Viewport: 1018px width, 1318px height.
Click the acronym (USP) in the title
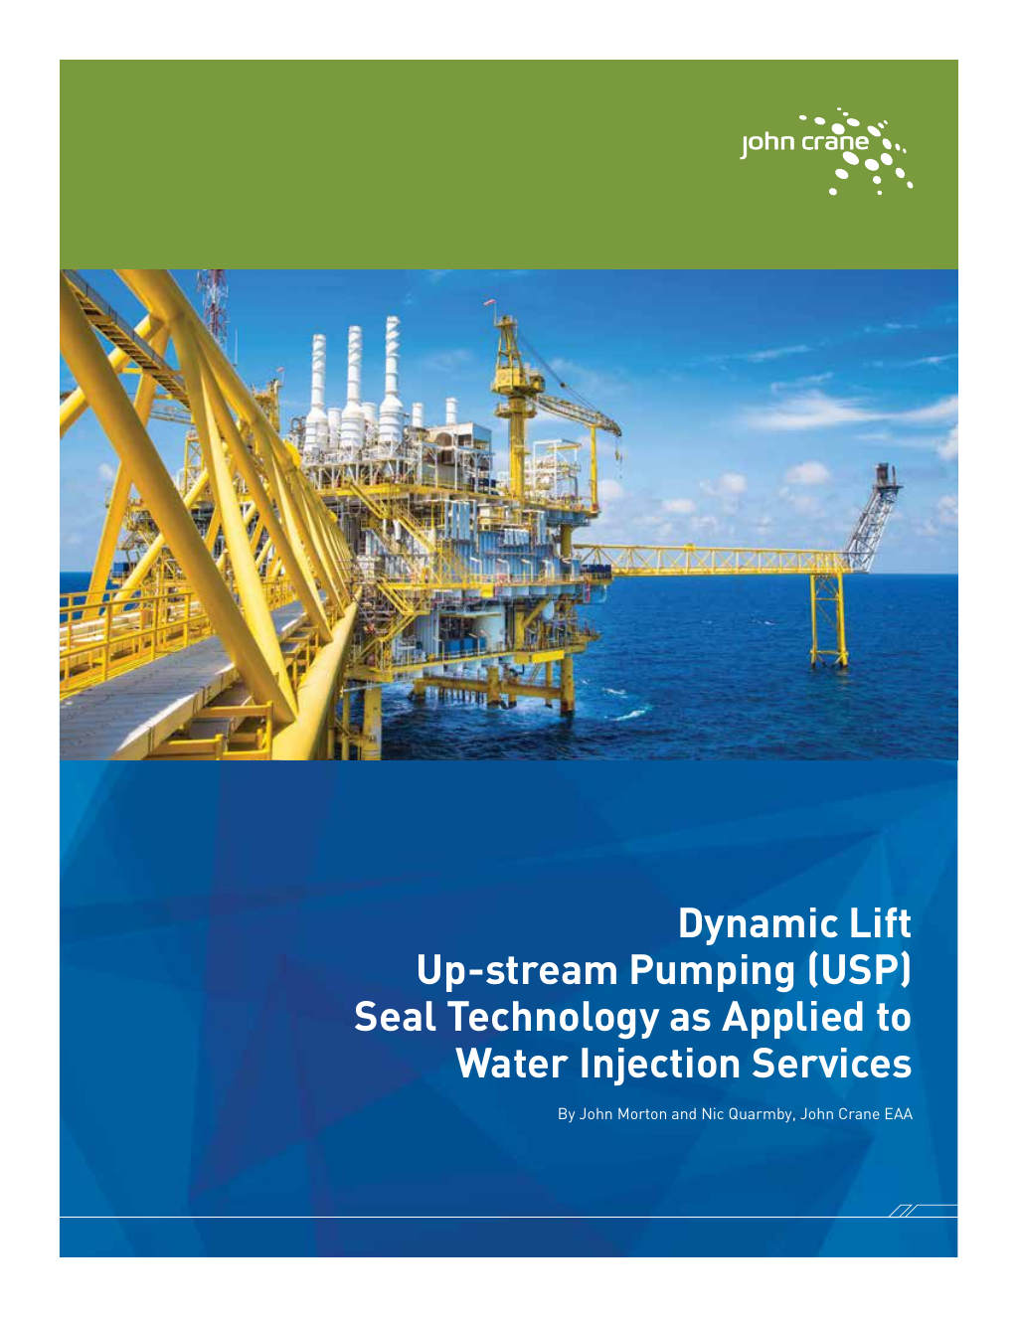point(856,971)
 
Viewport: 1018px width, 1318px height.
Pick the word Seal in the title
point(394,1018)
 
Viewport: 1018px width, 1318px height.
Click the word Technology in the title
point(553,1018)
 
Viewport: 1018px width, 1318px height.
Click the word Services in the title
point(831,1065)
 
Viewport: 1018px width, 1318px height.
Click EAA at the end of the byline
point(898,1114)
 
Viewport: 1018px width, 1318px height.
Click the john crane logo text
point(804,143)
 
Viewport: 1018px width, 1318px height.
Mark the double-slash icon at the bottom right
point(906,1211)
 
